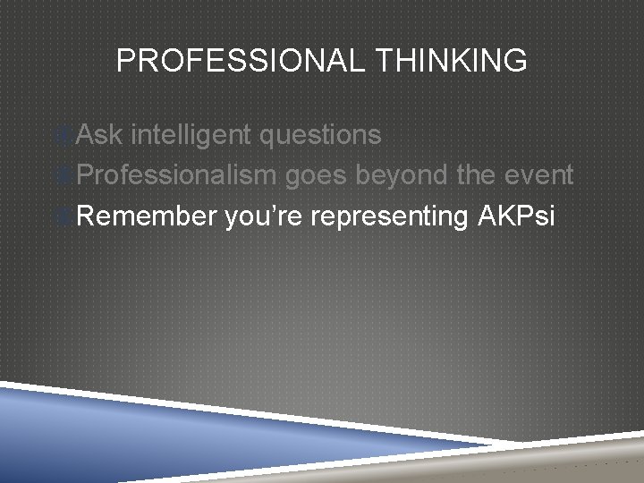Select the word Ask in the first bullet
99,135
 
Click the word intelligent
191,135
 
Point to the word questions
320,136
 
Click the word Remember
148,216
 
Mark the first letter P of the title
125,61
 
